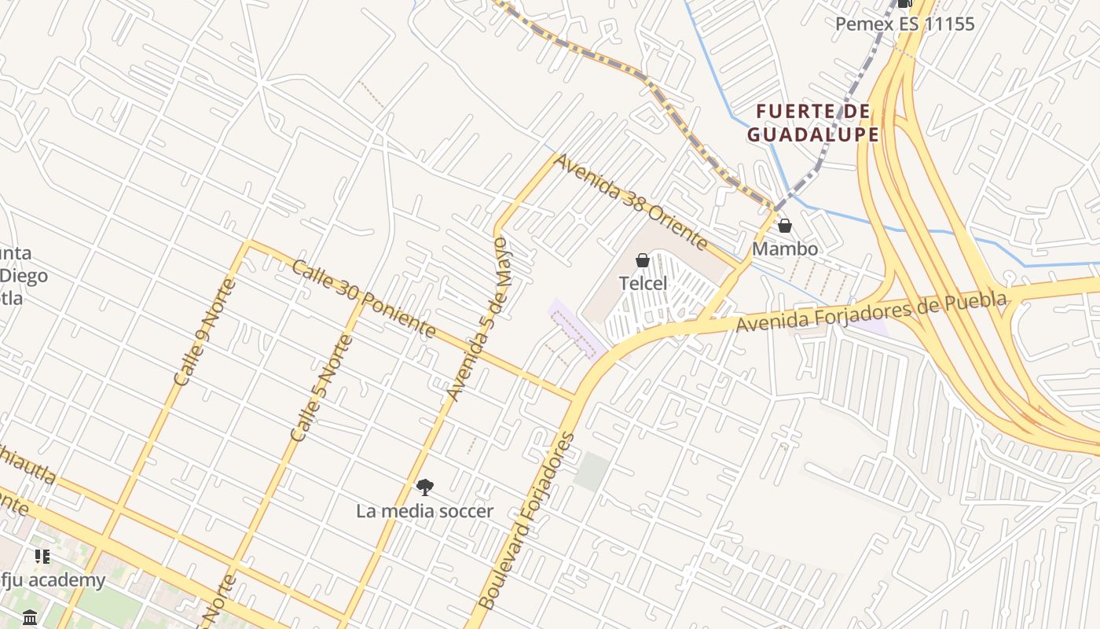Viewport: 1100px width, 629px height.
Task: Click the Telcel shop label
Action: click(x=643, y=283)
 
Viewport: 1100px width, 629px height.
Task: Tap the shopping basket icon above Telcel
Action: click(x=643, y=260)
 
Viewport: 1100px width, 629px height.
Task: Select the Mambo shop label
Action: click(x=784, y=248)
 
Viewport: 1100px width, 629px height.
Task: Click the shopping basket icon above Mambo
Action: click(x=784, y=226)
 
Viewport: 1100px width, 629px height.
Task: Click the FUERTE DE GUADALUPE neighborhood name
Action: click(x=812, y=123)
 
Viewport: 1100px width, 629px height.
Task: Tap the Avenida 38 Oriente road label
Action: click(x=630, y=201)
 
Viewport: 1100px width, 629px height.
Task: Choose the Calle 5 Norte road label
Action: click(x=322, y=388)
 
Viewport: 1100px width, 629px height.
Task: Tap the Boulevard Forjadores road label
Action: click(x=526, y=521)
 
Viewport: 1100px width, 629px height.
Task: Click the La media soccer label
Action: click(x=425, y=511)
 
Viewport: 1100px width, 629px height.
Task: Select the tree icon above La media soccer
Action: click(x=425, y=487)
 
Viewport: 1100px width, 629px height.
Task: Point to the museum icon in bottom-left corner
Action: click(x=31, y=617)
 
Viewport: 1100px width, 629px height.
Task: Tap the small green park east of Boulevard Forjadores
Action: click(x=591, y=471)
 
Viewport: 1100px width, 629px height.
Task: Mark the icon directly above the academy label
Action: click(x=42, y=557)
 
